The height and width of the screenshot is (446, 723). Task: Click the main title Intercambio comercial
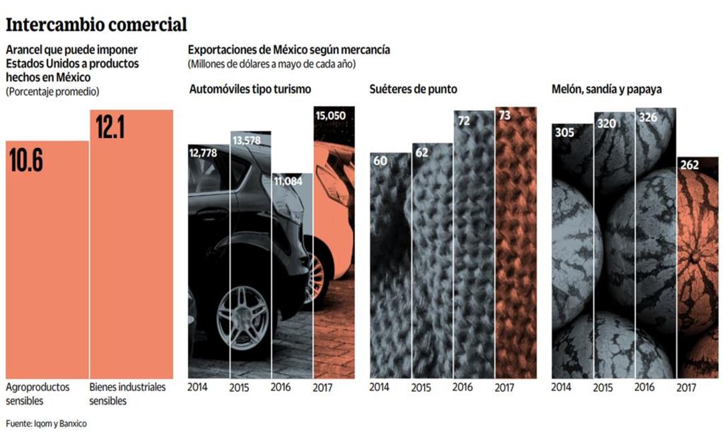click(x=96, y=25)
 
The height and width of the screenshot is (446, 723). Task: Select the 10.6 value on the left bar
click(x=26, y=160)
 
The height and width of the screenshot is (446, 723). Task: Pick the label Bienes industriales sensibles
click(x=127, y=394)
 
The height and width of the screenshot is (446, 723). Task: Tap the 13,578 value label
click(x=250, y=140)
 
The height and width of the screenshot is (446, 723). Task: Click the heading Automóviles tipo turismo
click(x=249, y=89)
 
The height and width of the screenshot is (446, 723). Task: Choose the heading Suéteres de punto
click(x=413, y=89)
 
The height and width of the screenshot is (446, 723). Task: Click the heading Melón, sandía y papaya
click(x=607, y=89)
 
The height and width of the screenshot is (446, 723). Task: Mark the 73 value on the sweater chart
click(x=504, y=116)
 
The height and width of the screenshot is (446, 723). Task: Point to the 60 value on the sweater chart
click(x=381, y=161)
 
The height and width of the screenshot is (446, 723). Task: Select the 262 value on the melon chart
click(x=690, y=165)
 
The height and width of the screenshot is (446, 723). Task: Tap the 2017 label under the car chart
click(x=323, y=387)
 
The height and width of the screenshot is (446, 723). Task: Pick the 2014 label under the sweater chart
click(x=379, y=387)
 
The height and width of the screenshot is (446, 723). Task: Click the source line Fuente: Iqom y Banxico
click(x=46, y=423)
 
